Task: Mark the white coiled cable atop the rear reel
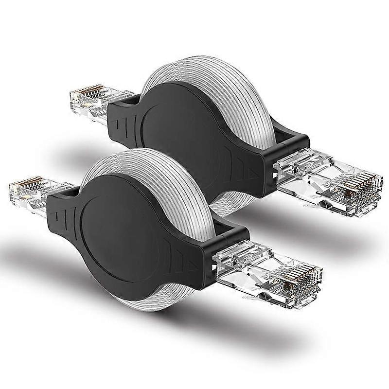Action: [x=204, y=73]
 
